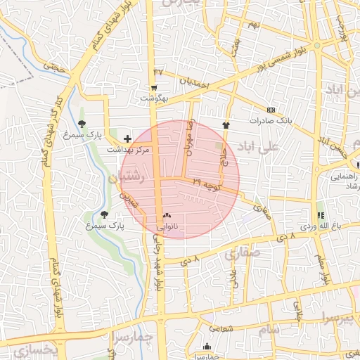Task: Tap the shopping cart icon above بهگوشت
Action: point(154,88)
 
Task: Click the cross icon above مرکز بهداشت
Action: point(127,139)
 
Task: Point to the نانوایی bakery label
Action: point(167,226)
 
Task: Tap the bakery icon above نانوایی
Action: point(167,215)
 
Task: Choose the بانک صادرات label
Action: point(270,121)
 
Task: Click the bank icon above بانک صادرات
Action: point(271,110)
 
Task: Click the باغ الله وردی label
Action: point(321,226)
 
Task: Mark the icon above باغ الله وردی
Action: point(321,214)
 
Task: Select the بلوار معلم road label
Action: point(326,271)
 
